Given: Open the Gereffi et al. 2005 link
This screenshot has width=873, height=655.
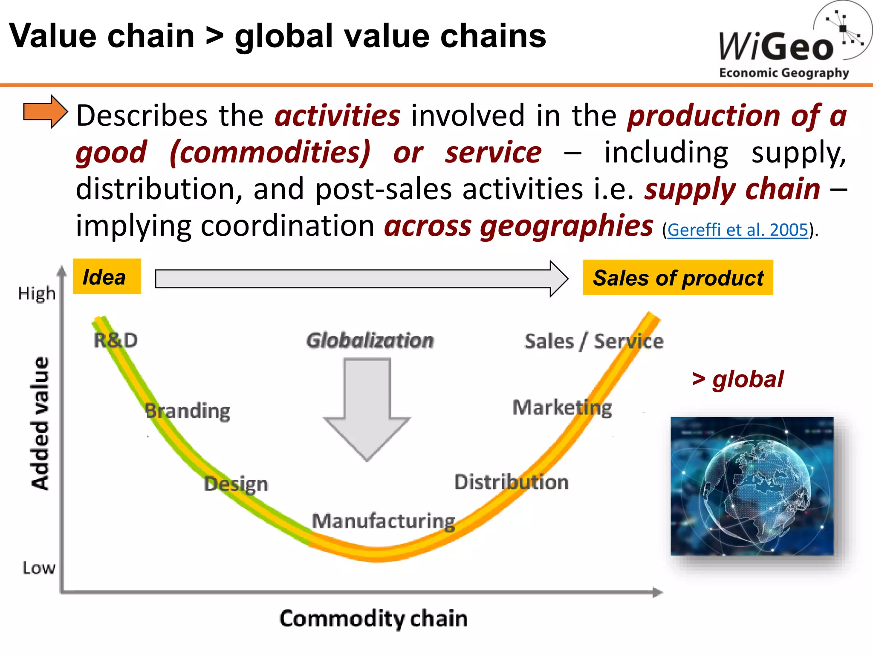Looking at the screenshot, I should tap(737, 230).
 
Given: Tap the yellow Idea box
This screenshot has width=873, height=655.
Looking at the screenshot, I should tap(107, 277).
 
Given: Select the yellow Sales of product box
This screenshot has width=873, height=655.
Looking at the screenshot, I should tap(678, 278).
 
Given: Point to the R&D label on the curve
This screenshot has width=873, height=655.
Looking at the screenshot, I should tap(116, 340).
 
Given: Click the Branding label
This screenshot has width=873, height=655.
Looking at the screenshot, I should tap(188, 411).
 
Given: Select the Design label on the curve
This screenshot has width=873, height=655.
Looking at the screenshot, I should tap(236, 484).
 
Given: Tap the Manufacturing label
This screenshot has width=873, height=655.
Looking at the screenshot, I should tap(384, 521).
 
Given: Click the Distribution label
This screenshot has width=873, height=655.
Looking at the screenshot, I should tap(511, 482).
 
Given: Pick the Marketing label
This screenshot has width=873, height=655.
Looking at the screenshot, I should tap(562, 408).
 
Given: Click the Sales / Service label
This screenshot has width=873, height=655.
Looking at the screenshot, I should tap(594, 342).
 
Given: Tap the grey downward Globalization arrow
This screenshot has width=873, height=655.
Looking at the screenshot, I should tap(367, 409).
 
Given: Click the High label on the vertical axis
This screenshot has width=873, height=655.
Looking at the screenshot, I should tap(37, 293).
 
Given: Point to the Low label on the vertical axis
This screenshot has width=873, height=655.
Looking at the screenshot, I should tap(39, 568).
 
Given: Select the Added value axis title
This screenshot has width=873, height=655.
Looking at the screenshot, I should tap(40, 423).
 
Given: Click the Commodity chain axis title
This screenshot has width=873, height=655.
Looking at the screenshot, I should tap(373, 619).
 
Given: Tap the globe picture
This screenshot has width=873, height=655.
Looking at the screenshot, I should tap(752, 486).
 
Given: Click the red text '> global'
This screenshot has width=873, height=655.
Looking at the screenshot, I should tap(737, 379).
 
